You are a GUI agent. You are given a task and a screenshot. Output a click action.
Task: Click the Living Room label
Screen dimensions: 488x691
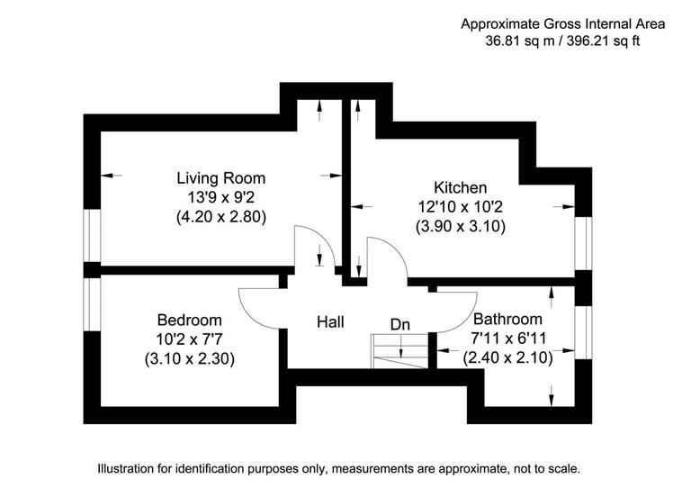pos(220,178)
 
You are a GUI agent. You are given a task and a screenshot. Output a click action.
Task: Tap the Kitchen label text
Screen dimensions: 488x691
pos(460,188)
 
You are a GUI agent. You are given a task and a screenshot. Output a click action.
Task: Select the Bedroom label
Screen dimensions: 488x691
pos(189,320)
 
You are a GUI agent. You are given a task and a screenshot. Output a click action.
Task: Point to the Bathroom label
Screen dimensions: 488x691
pos(507,319)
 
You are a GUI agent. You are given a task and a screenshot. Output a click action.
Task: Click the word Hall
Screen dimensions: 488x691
pos(330,321)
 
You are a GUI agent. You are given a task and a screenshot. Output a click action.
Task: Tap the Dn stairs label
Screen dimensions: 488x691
pos(400,323)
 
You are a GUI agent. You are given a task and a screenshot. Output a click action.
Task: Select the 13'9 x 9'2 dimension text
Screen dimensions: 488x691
pos(220,197)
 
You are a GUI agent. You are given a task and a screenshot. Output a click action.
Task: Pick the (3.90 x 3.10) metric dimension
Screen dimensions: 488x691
pos(460,227)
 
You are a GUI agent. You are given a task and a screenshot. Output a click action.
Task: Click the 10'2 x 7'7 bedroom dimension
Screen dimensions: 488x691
pos(189,339)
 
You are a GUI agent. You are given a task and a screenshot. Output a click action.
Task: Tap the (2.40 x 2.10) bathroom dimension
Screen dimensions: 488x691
pos(507,357)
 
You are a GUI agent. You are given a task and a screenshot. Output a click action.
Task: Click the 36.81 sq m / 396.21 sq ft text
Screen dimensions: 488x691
pos(562,41)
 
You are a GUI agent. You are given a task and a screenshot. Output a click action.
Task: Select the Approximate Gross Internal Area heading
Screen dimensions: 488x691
pos(562,23)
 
